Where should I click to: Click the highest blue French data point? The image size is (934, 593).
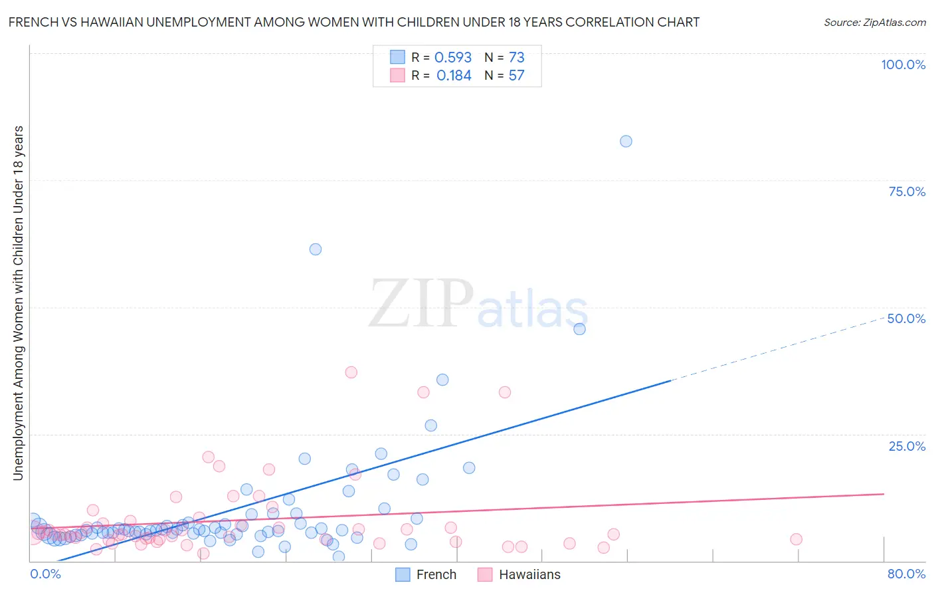point(626,141)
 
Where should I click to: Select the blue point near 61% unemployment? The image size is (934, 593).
point(316,249)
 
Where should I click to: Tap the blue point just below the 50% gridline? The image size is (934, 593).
point(579,329)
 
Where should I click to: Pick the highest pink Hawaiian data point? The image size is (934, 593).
point(351,372)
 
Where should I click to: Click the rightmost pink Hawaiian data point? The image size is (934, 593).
point(796,539)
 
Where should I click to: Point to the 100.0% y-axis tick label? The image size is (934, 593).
point(903,64)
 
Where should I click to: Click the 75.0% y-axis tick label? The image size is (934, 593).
point(907,191)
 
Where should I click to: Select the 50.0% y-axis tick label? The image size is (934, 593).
point(906,318)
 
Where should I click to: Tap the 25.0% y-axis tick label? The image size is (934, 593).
point(907,445)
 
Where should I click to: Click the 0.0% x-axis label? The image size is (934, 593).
point(45,574)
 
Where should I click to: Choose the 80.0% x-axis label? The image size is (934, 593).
point(906,574)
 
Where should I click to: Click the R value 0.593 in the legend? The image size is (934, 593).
point(453,58)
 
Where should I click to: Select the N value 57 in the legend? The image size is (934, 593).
point(516,76)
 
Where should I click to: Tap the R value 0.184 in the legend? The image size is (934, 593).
point(454,76)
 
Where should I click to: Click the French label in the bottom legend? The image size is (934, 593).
point(436,575)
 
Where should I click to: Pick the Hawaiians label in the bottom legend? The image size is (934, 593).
point(529,575)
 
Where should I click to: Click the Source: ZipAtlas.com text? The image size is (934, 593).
point(874,23)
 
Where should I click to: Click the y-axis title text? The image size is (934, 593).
point(18,302)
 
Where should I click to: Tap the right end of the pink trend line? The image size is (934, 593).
point(884,494)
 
